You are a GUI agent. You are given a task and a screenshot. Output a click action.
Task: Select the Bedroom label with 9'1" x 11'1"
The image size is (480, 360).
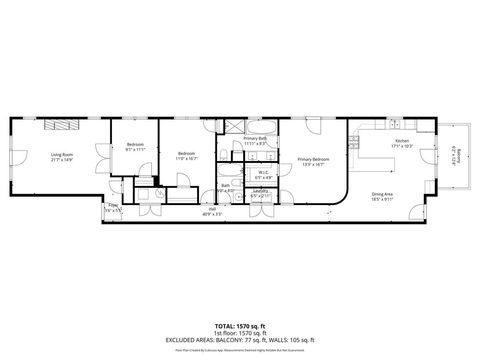click(x=135, y=146)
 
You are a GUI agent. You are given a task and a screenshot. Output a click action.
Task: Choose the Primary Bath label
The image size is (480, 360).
click(x=256, y=139)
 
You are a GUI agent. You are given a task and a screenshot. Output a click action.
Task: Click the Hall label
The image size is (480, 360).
click(x=211, y=212)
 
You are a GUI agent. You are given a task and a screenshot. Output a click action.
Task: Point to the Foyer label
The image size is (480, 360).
click(x=113, y=210)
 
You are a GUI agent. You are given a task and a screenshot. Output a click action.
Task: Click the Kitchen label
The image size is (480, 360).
click(x=402, y=143)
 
